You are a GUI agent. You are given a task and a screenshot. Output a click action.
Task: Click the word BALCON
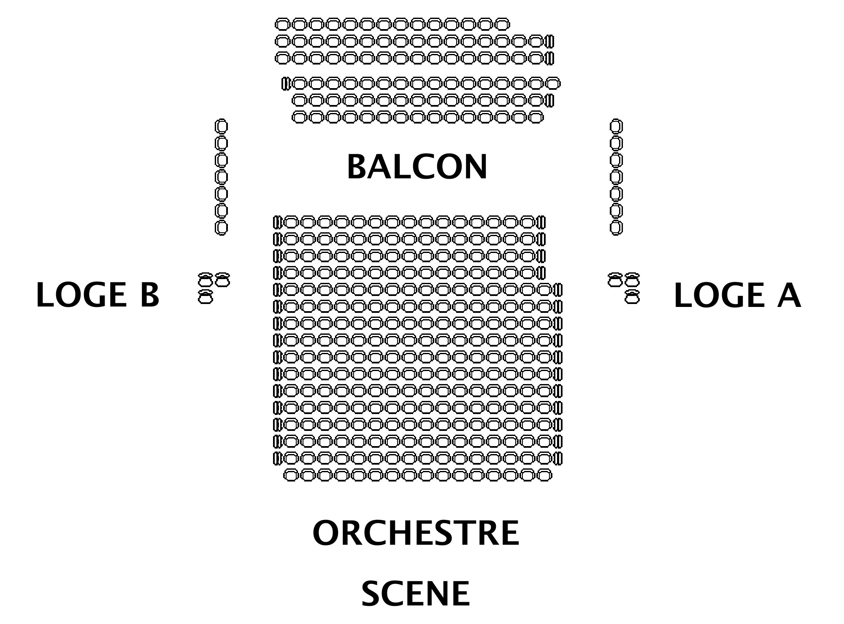[x=417, y=167]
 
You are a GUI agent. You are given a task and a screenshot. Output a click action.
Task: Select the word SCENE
[x=416, y=593]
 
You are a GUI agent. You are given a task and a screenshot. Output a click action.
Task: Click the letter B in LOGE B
[x=149, y=295]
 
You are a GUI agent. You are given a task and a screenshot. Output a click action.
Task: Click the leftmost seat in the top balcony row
[x=282, y=24]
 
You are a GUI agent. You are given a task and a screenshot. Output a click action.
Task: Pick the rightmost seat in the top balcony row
[x=502, y=24]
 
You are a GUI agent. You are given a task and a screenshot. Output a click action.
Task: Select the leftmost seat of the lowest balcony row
[x=299, y=117]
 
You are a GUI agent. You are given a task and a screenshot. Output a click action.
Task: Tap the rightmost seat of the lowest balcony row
[x=536, y=117]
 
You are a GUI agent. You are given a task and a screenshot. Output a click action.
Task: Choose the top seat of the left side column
[x=221, y=126]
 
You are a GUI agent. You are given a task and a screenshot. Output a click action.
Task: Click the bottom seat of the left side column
[x=221, y=227]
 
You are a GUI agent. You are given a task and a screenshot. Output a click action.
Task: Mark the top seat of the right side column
[x=616, y=126]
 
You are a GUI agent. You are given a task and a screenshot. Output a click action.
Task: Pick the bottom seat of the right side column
[x=616, y=227]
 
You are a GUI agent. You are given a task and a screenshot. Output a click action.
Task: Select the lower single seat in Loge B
[x=205, y=296]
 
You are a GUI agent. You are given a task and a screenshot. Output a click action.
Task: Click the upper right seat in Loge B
[x=222, y=280]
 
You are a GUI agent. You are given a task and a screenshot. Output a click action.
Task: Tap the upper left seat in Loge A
[x=615, y=280]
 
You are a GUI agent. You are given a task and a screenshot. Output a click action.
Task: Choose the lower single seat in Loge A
[x=632, y=296]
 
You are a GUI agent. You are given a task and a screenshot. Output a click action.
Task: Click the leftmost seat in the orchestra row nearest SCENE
[x=291, y=475]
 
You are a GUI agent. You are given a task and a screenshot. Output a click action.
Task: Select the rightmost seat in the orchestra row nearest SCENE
[x=544, y=475]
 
